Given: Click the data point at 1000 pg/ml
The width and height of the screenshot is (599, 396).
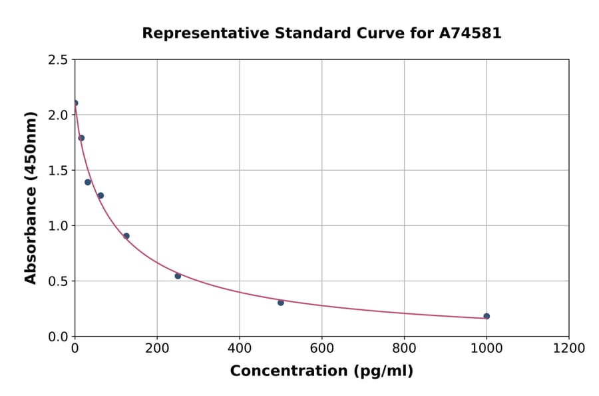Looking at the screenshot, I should (487, 316).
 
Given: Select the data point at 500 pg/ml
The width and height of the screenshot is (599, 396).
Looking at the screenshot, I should (281, 303).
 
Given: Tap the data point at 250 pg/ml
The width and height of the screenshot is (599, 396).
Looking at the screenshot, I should (178, 276).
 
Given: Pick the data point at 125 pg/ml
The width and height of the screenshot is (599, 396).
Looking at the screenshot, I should (126, 236).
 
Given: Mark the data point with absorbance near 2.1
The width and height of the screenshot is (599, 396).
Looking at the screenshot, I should (75, 103).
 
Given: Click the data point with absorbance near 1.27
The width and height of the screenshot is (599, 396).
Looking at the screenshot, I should (100, 195).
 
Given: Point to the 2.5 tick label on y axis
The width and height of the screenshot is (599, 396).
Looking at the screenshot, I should (58, 60).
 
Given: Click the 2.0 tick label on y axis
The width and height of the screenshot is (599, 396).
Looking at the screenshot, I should (58, 115).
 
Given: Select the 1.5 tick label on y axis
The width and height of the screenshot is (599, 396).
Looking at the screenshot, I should (58, 171).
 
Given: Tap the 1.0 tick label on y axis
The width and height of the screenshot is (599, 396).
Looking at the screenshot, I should (58, 226).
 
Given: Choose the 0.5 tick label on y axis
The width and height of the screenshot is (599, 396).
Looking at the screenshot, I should (58, 281).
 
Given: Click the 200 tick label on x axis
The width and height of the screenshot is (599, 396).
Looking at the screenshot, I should (157, 348).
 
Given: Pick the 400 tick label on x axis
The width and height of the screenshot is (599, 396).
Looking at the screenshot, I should (240, 348).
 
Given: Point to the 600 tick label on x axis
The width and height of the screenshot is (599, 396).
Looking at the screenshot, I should (322, 348).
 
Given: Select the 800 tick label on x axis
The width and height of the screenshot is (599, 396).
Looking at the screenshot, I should (404, 348).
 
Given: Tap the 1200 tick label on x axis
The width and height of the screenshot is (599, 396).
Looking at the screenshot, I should (569, 348).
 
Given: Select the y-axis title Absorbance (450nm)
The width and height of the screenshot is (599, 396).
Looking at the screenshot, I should (31, 198).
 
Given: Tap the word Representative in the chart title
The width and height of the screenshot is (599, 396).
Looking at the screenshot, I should (194, 33).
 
